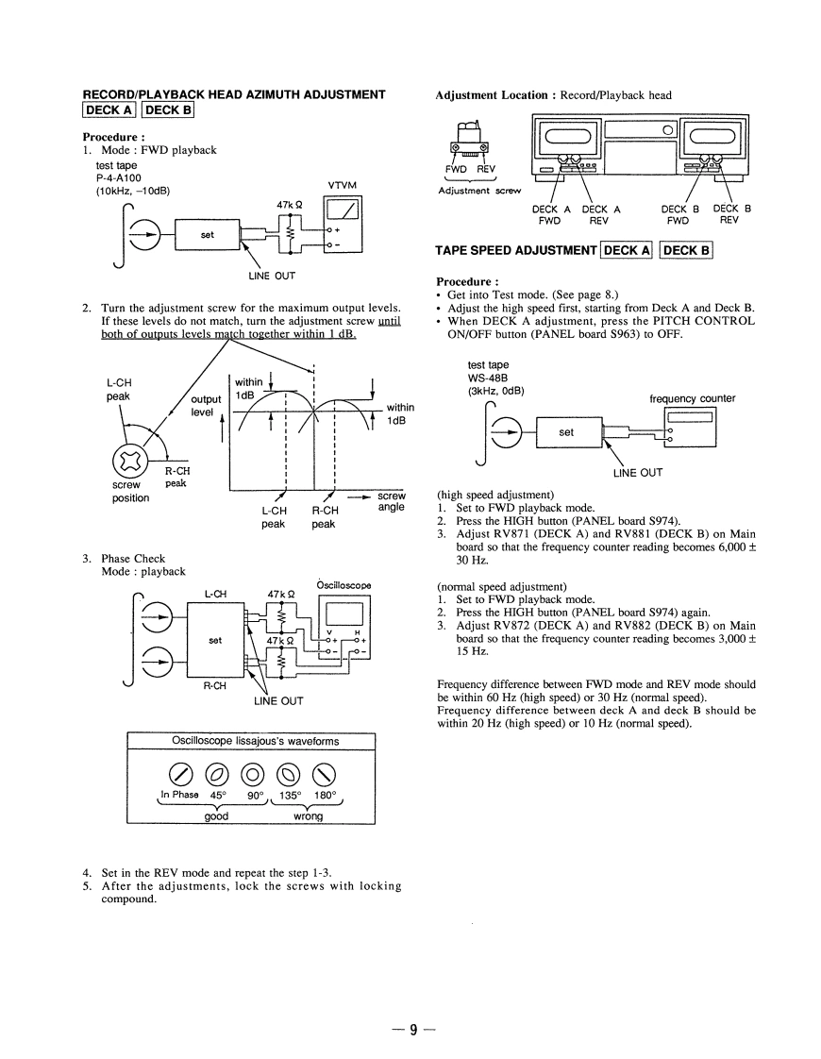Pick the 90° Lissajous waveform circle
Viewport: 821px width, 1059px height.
(254, 776)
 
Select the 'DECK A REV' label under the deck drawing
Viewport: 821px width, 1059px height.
(601, 214)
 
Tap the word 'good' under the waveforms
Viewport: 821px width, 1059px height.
(217, 816)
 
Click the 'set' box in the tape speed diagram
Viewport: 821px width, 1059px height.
(566, 432)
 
